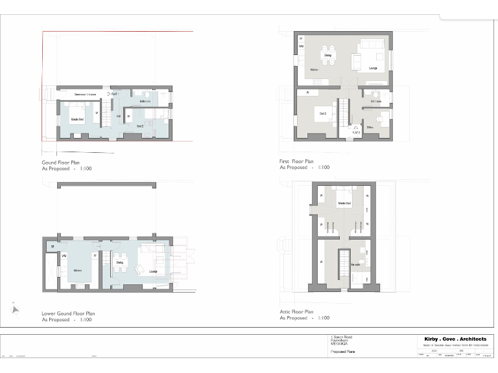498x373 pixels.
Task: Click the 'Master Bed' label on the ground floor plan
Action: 78,119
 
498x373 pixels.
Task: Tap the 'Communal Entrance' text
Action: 80,95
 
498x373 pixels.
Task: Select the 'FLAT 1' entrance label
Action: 115,95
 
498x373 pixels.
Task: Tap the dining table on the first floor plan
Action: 328,50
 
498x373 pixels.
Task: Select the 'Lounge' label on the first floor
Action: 373,68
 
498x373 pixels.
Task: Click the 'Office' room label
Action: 370,128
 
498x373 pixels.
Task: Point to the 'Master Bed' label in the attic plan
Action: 344,204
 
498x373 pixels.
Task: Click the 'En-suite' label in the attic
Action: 355,264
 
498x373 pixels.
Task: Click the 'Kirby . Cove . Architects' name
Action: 455,339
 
